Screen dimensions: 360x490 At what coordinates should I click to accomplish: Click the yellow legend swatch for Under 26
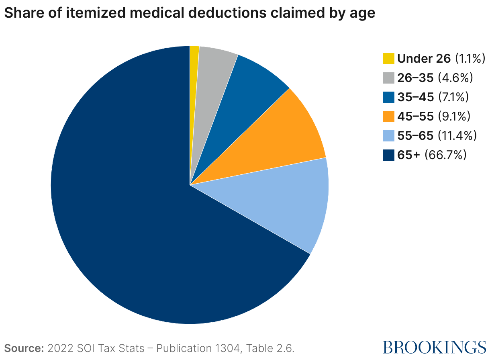pyautogui.click(x=389, y=58)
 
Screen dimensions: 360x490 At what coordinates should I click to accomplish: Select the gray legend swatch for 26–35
pyautogui.click(x=389, y=78)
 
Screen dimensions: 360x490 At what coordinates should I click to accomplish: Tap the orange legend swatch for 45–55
pyautogui.click(x=389, y=116)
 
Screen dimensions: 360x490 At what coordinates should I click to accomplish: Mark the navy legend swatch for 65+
pyautogui.click(x=389, y=155)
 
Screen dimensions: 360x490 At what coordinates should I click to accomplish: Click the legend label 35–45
pyautogui.click(x=415, y=97)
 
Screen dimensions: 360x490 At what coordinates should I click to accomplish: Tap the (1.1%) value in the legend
pyautogui.click(x=470, y=58)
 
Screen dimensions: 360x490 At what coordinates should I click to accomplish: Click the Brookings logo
pyautogui.click(x=435, y=347)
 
